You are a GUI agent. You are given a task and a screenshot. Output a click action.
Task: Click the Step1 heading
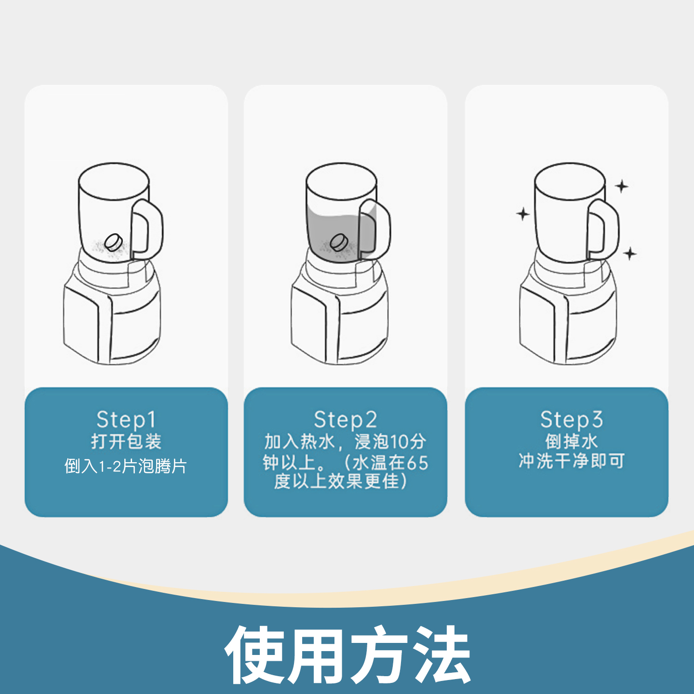click(x=126, y=419)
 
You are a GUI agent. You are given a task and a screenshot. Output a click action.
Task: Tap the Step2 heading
click(x=345, y=419)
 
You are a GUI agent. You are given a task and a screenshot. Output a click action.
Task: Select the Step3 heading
click(x=571, y=419)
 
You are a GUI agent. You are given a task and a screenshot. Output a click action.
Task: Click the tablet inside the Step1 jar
click(x=114, y=242)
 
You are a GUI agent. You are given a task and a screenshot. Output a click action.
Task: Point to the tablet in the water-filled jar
click(x=339, y=242)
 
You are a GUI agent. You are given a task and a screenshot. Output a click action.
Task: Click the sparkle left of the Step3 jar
click(x=522, y=214)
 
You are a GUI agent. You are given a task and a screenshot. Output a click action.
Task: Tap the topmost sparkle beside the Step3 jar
click(x=622, y=186)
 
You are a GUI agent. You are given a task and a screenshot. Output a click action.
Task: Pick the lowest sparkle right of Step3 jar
click(x=629, y=253)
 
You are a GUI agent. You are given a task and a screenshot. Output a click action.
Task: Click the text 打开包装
click(x=126, y=441)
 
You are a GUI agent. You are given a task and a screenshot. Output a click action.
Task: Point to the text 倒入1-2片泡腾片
click(x=126, y=466)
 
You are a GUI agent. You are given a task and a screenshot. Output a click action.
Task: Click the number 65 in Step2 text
click(x=417, y=463)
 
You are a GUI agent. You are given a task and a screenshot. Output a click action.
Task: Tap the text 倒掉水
click(x=571, y=441)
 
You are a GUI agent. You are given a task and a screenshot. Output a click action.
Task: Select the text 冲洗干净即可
click(x=571, y=461)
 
